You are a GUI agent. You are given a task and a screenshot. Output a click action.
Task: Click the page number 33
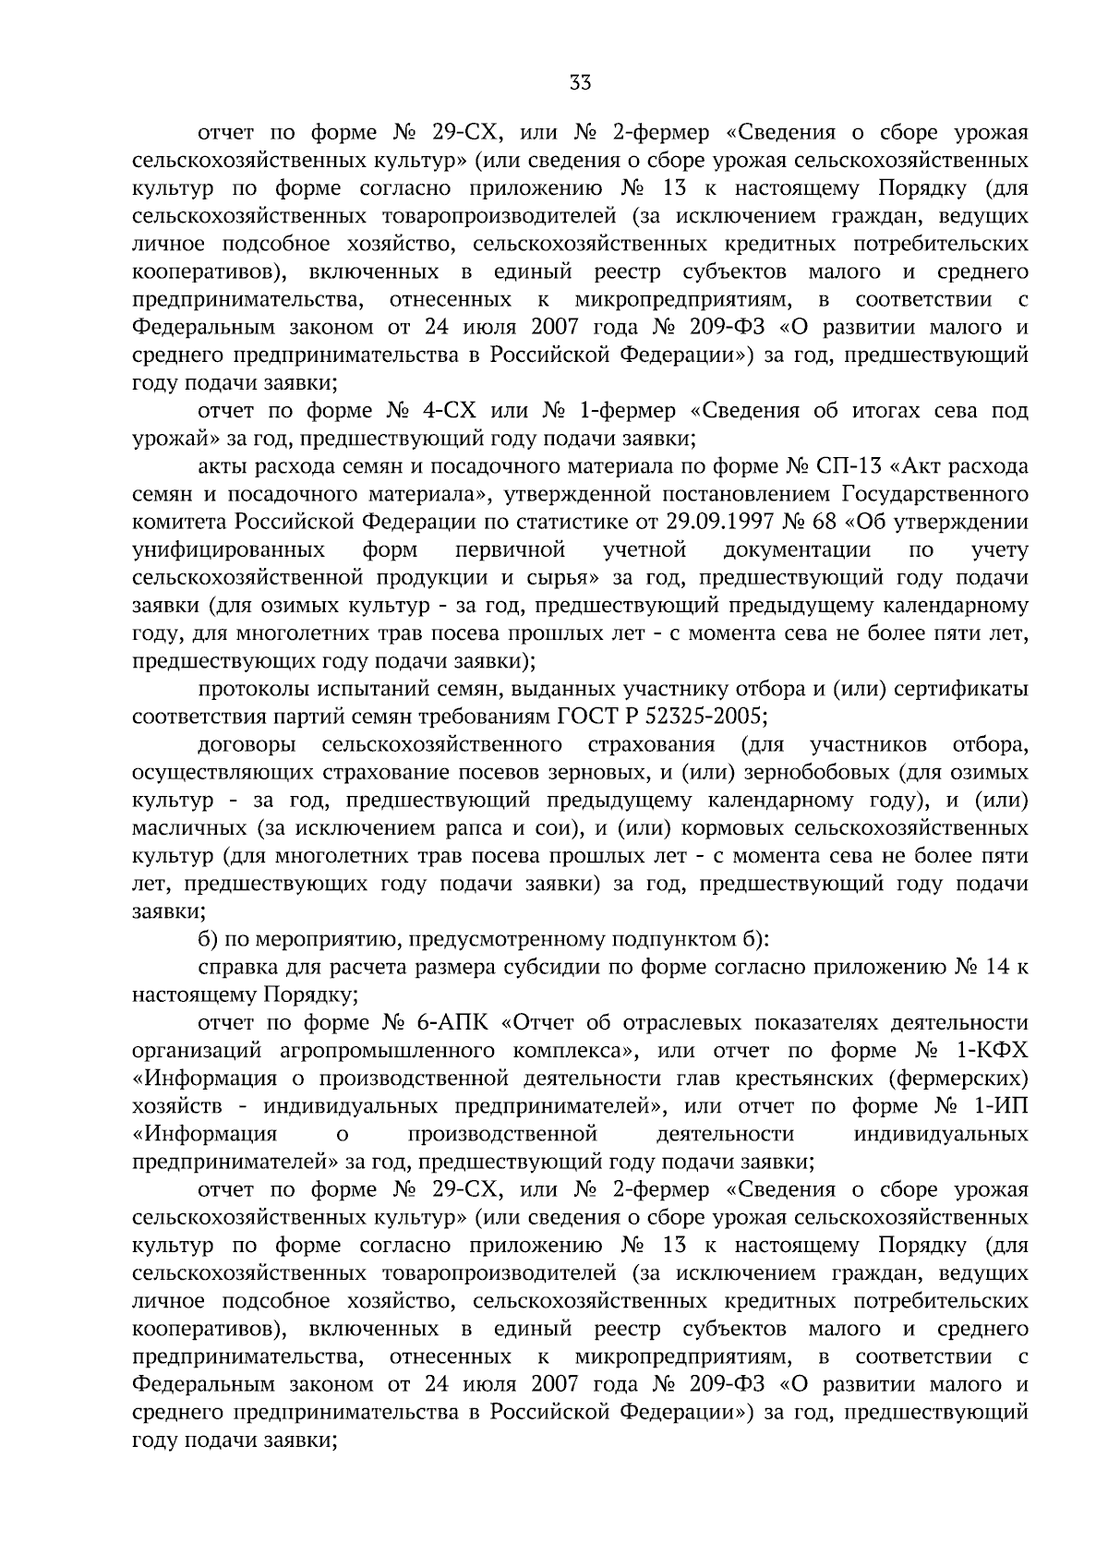tap(580, 83)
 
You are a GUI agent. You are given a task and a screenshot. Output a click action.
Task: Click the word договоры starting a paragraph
tap(247, 745)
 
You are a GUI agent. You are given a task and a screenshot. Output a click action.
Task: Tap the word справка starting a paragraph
tap(235, 968)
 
